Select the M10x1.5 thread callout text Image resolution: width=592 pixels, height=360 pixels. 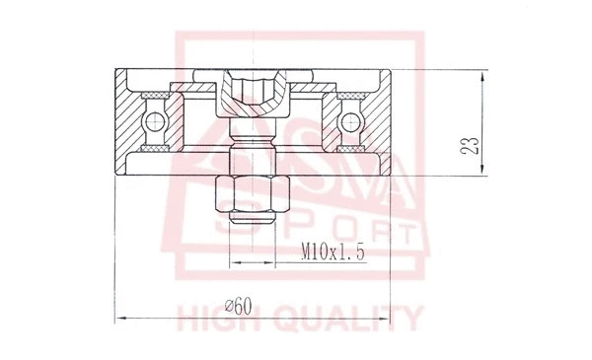point(334,253)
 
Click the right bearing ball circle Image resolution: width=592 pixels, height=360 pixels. point(350,122)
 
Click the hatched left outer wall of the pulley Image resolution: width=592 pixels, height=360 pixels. point(128,123)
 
